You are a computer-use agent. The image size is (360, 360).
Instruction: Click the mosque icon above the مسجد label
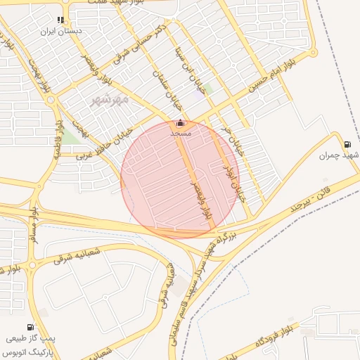pyautogui.click(x=179, y=122)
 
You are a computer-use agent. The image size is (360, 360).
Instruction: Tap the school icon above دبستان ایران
pyautogui.click(x=60, y=20)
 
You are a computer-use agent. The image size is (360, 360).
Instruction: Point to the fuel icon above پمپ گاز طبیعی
pyautogui.click(x=30, y=326)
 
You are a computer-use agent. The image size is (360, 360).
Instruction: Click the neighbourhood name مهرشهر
pyautogui.click(x=110, y=100)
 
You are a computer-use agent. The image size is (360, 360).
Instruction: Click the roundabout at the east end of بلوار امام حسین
pyautogui.click(x=311, y=52)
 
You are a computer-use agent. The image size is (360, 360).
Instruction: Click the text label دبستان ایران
pyautogui.click(x=62, y=32)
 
